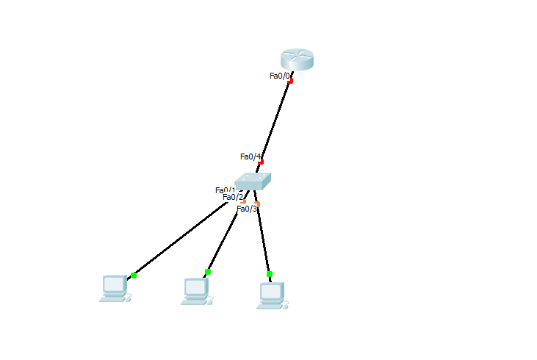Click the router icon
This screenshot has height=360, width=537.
pos(297,60)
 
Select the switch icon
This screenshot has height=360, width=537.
pos(253,181)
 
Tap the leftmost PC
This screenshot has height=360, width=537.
pos(115,288)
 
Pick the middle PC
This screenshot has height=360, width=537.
pos(196,291)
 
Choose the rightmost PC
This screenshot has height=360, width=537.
pos(271,295)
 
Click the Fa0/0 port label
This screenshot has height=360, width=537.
pos(280,75)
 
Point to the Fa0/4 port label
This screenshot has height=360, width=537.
pos(251,156)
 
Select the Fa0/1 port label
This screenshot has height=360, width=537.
pos(225,190)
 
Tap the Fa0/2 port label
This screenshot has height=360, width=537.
pos(232,197)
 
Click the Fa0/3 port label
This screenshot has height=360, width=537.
pos(247,209)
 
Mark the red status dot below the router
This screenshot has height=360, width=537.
pos(291,81)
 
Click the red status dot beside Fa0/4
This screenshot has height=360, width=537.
pos(261,162)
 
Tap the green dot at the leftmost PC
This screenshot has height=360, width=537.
pos(134,276)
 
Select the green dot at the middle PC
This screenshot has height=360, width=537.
pos(208,272)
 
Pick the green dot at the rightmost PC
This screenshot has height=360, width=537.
pos(270,274)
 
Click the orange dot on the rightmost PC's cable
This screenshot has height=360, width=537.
pos(257,204)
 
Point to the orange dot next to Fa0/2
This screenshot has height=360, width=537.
pos(244,201)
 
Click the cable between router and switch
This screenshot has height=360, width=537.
pos(276,120)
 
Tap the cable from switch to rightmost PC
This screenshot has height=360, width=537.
pos(263,239)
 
